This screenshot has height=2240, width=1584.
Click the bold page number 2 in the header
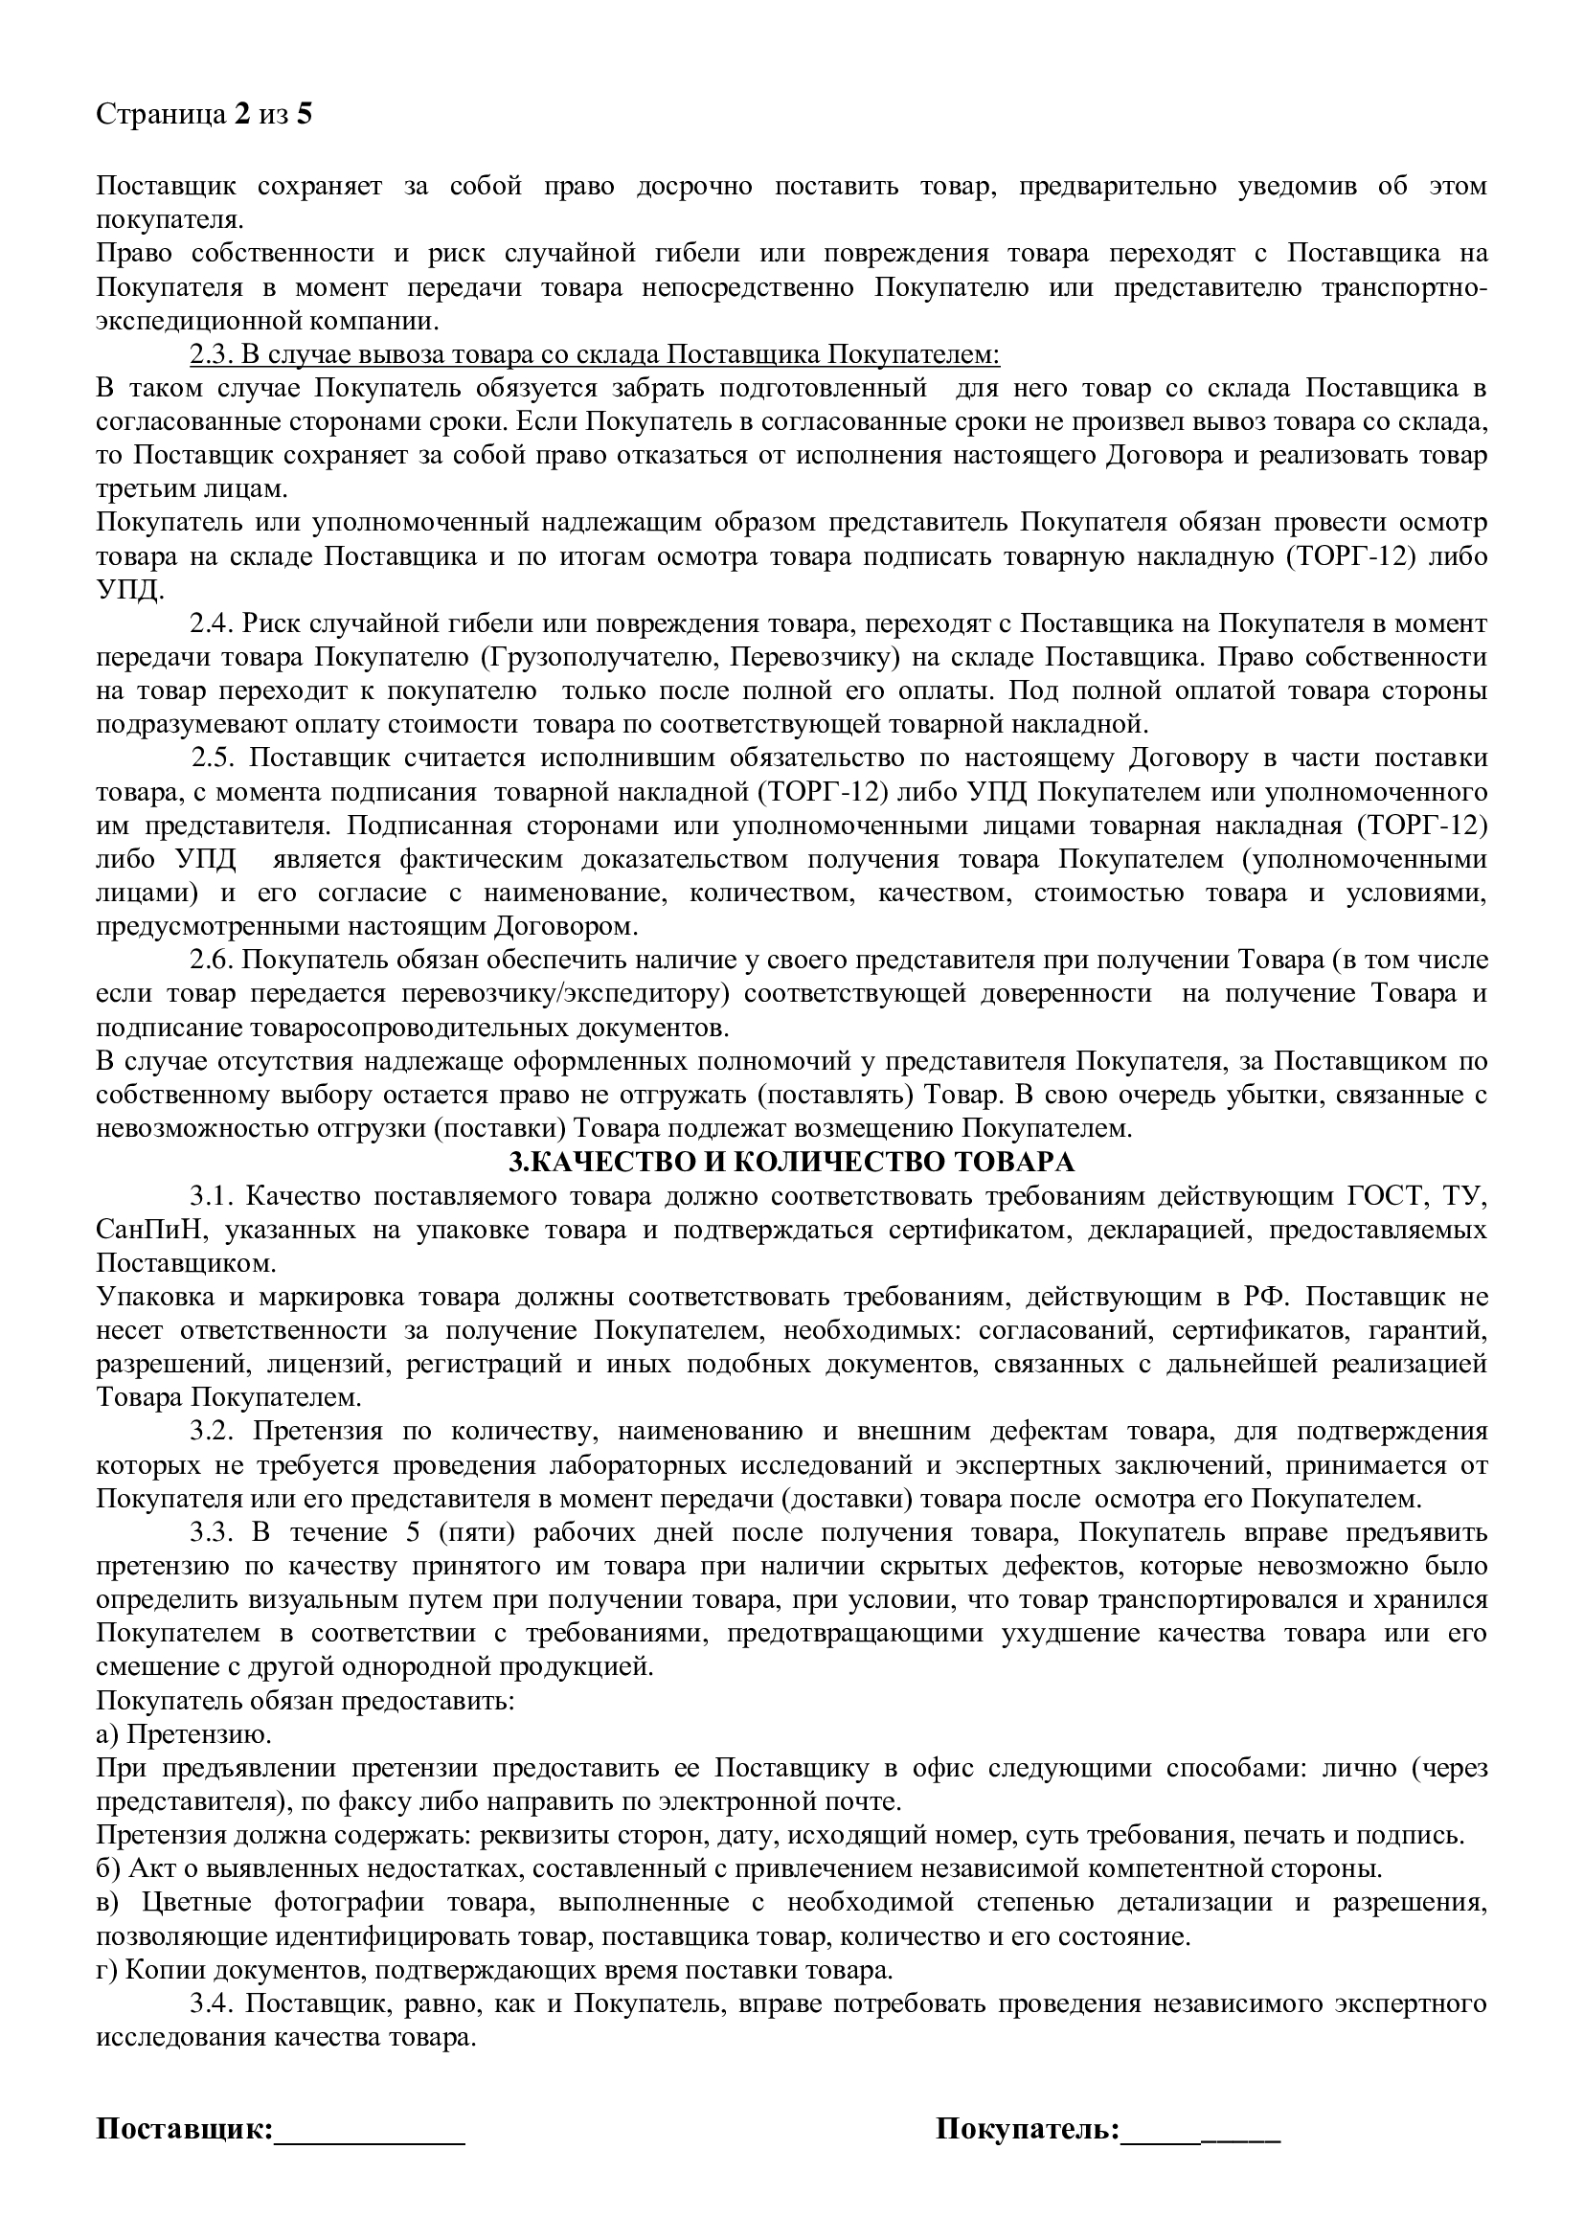coord(240,115)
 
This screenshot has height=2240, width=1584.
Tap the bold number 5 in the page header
coord(305,115)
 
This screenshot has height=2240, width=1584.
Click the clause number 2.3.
coord(209,354)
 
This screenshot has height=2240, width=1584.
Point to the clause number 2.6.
coord(209,959)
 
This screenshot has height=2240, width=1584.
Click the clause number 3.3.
coord(211,1532)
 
